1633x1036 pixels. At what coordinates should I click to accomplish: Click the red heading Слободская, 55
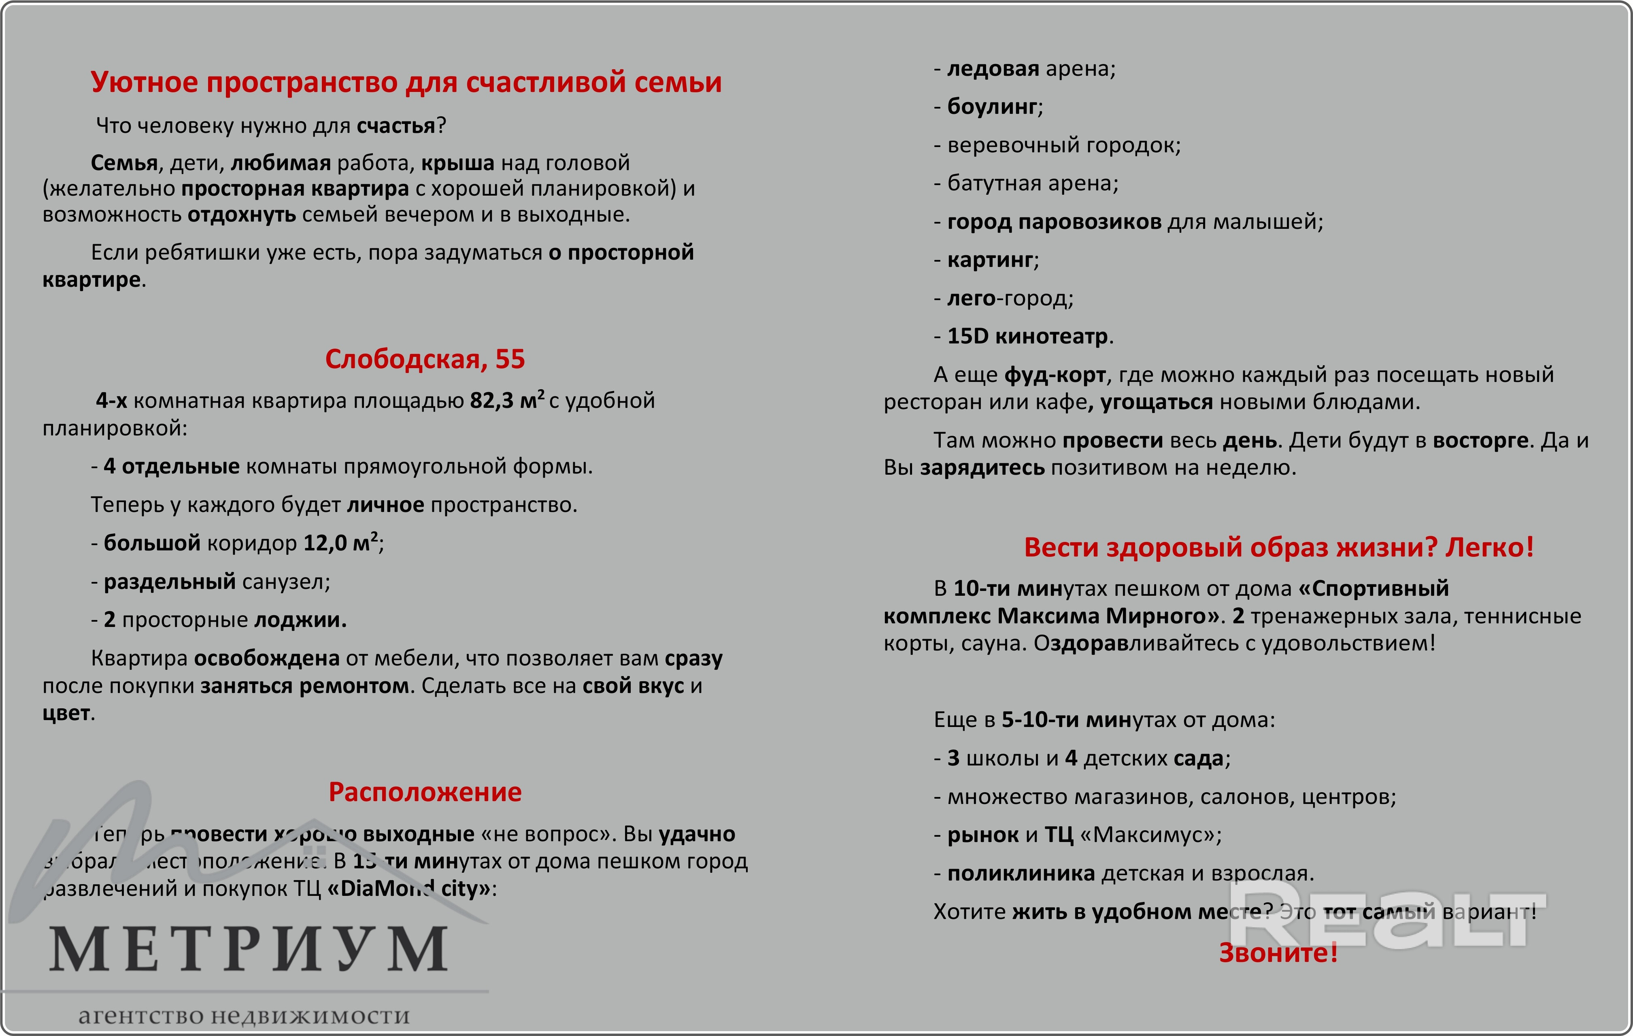425,359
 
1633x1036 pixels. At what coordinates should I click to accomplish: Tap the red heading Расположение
425,792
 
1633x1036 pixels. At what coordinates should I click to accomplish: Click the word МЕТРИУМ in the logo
248,949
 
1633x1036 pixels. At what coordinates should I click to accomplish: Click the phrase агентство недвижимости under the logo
244,1016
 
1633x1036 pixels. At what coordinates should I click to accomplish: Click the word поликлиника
1021,873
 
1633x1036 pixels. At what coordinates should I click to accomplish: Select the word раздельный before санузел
170,582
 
